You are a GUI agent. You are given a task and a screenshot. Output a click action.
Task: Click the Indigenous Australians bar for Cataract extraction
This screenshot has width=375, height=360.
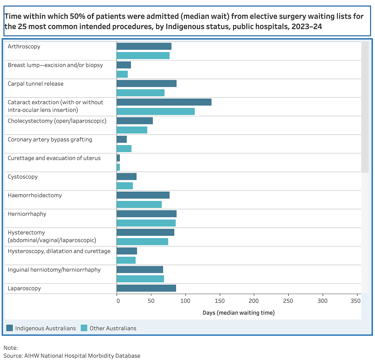tap(164, 102)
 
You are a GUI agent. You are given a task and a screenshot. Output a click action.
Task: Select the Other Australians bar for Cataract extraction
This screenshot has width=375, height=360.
tap(156, 111)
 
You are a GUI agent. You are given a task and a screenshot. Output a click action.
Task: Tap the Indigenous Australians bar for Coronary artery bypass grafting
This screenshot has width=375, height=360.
tap(122, 139)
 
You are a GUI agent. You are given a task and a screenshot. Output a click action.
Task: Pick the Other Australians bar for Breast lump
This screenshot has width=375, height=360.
tap(122, 74)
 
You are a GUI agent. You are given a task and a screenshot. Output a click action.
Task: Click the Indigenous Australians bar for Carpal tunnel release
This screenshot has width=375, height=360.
tap(147, 83)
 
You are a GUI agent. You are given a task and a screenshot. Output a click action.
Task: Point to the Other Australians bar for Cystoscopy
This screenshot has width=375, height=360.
tap(125, 186)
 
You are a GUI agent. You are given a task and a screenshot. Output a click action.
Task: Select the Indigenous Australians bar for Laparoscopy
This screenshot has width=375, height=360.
tap(147, 288)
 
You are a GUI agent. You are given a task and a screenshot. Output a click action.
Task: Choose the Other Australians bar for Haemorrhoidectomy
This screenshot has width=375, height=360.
tap(139, 204)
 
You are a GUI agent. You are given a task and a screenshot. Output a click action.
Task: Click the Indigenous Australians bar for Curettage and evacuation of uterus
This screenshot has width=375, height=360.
tap(118, 158)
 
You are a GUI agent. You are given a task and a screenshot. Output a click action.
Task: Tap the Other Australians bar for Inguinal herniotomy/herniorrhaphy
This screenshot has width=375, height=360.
tap(140, 279)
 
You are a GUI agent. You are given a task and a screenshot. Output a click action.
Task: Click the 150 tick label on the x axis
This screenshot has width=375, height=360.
tap(219, 301)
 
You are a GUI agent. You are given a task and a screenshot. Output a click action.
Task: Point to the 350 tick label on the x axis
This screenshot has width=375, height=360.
tap(356, 301)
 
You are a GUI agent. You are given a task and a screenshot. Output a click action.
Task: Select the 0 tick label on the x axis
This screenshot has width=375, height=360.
tap(118, 301)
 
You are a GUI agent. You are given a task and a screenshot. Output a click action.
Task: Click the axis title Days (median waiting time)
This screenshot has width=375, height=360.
tap(239, 313)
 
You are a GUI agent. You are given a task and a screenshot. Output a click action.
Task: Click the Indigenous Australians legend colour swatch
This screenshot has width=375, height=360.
tap(10, 328)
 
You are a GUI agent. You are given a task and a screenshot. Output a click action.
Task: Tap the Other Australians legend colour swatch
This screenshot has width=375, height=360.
tap(84, 328)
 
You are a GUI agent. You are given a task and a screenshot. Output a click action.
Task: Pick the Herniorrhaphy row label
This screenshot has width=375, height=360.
tap(27, 214)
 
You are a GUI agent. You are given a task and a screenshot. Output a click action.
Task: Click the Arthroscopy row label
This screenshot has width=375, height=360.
tap(24, 47)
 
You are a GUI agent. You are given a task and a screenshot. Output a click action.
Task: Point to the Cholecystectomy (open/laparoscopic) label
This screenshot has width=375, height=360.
tap(57, 121)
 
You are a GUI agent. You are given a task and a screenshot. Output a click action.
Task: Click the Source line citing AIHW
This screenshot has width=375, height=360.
tap(72, 356)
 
